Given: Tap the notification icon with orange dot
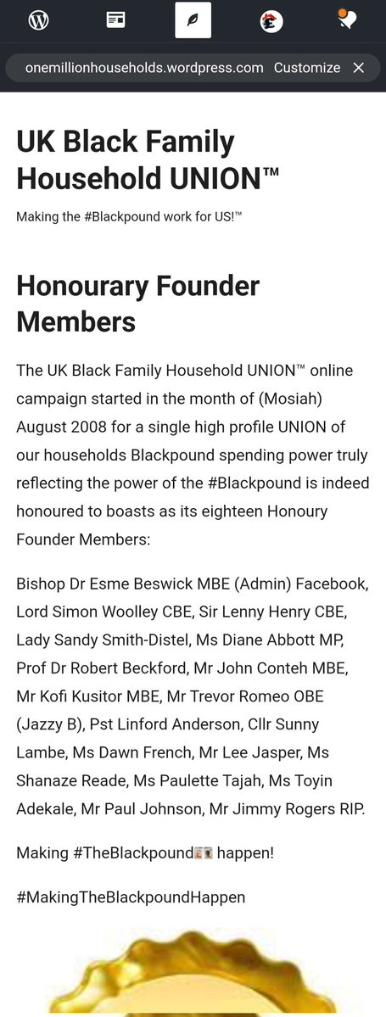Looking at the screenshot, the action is point(345,20).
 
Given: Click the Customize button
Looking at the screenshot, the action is point(307,68).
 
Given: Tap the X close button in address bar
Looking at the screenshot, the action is point(359,68).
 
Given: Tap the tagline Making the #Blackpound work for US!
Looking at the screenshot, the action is point(129,218).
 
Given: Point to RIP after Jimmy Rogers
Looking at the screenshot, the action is point(350,808).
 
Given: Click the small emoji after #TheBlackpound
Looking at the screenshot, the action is point(204,852).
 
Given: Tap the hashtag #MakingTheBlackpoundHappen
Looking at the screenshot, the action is point(131,896).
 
